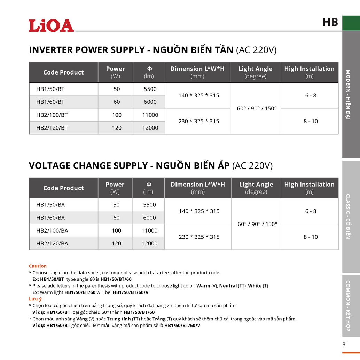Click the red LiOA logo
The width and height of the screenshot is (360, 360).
point(51,25)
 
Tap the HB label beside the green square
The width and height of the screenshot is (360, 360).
point(330,22)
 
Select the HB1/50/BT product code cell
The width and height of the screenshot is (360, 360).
point(50,89)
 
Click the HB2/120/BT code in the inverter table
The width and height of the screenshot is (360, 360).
point(52,128)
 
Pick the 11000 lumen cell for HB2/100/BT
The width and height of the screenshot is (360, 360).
point(150,115)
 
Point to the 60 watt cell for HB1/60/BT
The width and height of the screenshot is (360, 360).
point(117,102)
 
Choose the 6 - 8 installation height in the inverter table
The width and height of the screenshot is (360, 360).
point(311,95)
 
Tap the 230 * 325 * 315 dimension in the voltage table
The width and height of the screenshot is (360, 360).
point(199,237)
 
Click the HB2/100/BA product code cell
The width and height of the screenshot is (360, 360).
point(52,230)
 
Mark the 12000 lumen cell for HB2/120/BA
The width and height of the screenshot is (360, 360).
point(149,243)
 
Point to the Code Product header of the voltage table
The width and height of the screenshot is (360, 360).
point(63,188)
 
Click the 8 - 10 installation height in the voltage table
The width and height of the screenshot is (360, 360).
point(311,237)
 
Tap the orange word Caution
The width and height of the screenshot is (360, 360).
point(38,266)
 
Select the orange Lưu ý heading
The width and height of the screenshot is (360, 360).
point(35,299)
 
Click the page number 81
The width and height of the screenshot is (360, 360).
point(345,344)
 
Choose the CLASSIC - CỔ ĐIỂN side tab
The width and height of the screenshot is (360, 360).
point(351,216)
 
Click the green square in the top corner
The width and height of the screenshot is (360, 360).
point(351,23)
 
